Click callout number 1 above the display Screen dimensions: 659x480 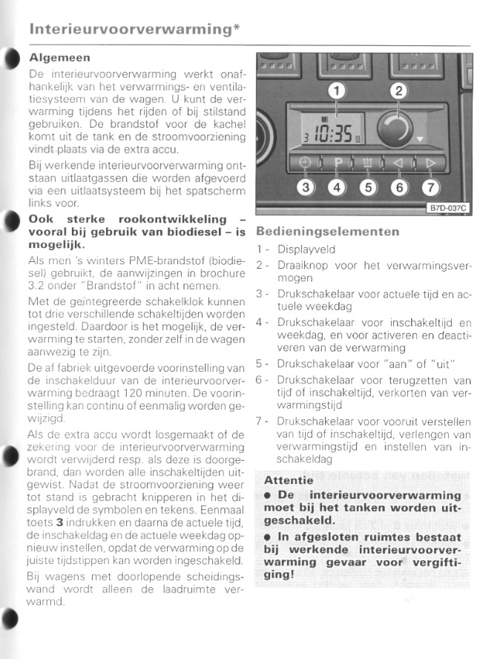coord(338,91)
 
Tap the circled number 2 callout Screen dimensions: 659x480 coord(398,91)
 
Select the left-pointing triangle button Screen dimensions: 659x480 coord(398,163)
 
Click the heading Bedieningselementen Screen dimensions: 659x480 coord(327,231)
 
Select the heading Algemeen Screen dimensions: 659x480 coord(59,57)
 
